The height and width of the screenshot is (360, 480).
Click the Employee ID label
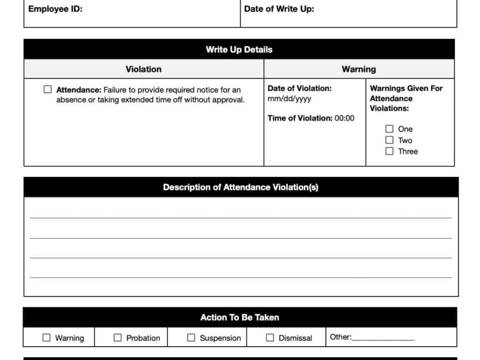pos(55,9)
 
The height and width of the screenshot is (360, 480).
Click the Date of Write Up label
pos(279,9)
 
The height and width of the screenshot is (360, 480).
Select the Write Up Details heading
pos(239,50)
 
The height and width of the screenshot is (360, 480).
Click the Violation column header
pos(143,69)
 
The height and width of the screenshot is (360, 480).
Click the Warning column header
pos(358,69)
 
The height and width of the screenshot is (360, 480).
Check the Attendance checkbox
pos(47,89)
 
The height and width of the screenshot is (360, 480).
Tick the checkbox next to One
pos(389,129)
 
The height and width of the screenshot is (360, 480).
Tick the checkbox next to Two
pos(389,140)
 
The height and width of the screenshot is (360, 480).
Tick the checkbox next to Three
pos(389,152)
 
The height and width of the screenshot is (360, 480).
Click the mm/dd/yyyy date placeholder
pos(289,99)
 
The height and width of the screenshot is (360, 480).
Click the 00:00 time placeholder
pos(344,118)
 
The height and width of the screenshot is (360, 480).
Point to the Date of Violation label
pos(299,88)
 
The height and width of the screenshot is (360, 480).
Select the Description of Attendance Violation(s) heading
pos(241,188)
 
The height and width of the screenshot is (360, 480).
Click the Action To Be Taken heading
pos(239,317)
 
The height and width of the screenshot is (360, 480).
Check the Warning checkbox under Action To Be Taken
pos(46,338)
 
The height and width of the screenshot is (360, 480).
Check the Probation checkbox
pos(117,338)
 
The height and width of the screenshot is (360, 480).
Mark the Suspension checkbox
pos(191,338)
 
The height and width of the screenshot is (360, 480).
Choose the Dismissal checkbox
pos(270,338)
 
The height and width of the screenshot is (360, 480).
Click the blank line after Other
pos(383,338)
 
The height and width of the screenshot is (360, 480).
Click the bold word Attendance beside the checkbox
pos(79,90)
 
